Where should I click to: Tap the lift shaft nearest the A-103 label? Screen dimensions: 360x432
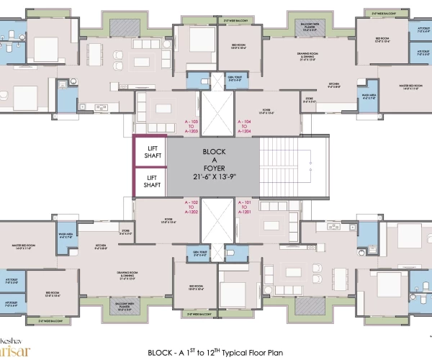(150, 151)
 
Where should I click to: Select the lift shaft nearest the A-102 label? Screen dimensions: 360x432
(150, 181)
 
